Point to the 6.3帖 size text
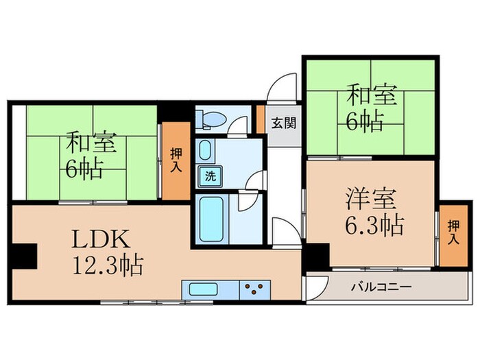pyautogui.click(x=372, y=224)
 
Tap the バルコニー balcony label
pyautogui.click(x=383, y=287)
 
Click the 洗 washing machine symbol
pyautogui.click(x=209, y=176)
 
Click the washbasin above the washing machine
pyautogui.click(x=204, y=150)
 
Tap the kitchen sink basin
pyautogui.click(x=199, y=289)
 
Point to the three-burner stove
pyautogui.click(x=255, y=289)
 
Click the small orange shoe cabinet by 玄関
pyautogui.click(x=261, y=119)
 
